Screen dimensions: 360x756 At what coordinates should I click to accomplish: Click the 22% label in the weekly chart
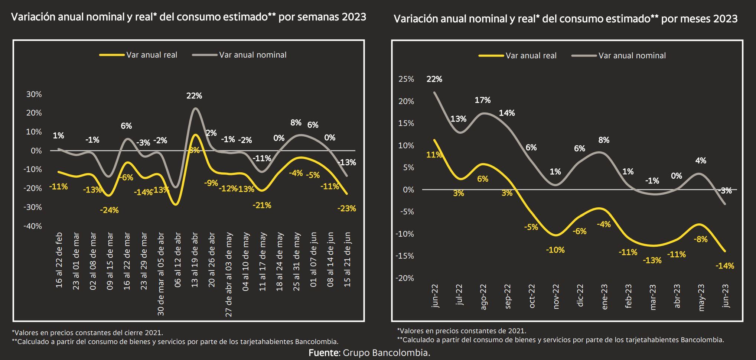pyautogui.click(x=194, y=96)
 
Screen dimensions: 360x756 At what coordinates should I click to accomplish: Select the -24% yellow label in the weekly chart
pyautogui.click(x=109, y=210)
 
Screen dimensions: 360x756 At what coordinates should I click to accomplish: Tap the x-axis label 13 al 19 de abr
pyautogui.click(x=195, y=260)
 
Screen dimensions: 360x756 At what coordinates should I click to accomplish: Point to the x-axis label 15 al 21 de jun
pyautogui.click(x=347, y=260)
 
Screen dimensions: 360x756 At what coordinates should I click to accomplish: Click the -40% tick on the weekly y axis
pyautogui.click(x=33, y=226)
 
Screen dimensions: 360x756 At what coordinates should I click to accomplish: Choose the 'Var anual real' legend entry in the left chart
pyautogui.click(x=151, y=55)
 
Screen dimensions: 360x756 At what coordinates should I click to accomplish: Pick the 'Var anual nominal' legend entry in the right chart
pyautogui.click(x=632, y=56)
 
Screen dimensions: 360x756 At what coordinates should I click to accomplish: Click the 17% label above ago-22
pyautogui.click(x=482, y=100)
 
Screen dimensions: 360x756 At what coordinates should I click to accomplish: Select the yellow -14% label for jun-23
pyautogui.click(x=725, y=266)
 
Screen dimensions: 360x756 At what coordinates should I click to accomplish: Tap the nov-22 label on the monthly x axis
pyautogui.click(x=555, y=296)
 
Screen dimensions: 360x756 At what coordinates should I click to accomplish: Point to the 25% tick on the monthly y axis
pyautogui.click(x=406, y=79)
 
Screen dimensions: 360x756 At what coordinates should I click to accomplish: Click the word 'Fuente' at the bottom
pyautogui.click(x=323, y=353)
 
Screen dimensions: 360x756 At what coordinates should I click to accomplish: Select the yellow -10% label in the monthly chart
pyautogui.click(x=555, y=250)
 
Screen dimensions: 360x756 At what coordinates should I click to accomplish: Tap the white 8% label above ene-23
pyautogui.click(x=604, y=140)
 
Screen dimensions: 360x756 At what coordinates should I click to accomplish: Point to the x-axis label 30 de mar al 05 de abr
pyautogui.click(x=161, y=274)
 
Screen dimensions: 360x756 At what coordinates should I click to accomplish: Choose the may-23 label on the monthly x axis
pyautogui.click(x=701, y=298)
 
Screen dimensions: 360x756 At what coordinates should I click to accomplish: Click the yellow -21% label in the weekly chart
pyautogui.click(x=262, y=205)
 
